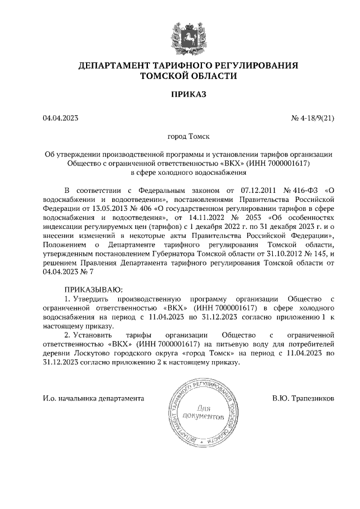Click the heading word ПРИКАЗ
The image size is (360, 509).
coord(188,94)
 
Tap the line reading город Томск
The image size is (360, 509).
coord(188,136)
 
